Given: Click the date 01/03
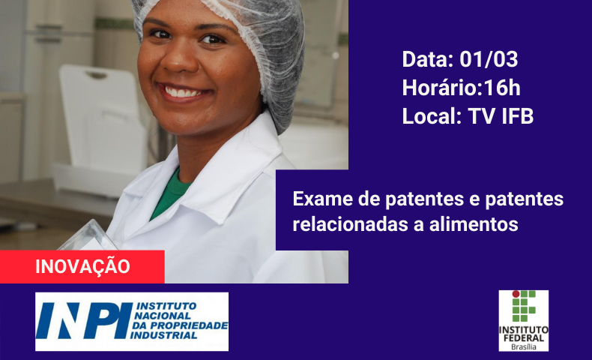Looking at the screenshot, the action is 489,59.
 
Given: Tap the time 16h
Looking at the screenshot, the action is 502,88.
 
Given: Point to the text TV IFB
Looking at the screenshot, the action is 501,116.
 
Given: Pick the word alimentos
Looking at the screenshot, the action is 474,223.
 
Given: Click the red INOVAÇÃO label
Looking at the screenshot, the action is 82,267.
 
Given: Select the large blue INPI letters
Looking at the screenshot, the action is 84,320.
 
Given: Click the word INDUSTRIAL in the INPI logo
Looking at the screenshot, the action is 166,335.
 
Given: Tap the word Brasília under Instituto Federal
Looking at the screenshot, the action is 523,347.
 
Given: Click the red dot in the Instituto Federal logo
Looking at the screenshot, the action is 516,294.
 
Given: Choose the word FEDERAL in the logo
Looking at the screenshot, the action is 523,337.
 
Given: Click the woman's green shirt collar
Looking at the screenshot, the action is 169,193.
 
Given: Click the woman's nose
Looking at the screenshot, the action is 181,61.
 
